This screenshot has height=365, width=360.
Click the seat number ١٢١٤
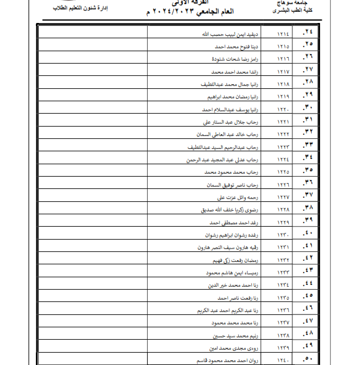coord(283,34)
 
